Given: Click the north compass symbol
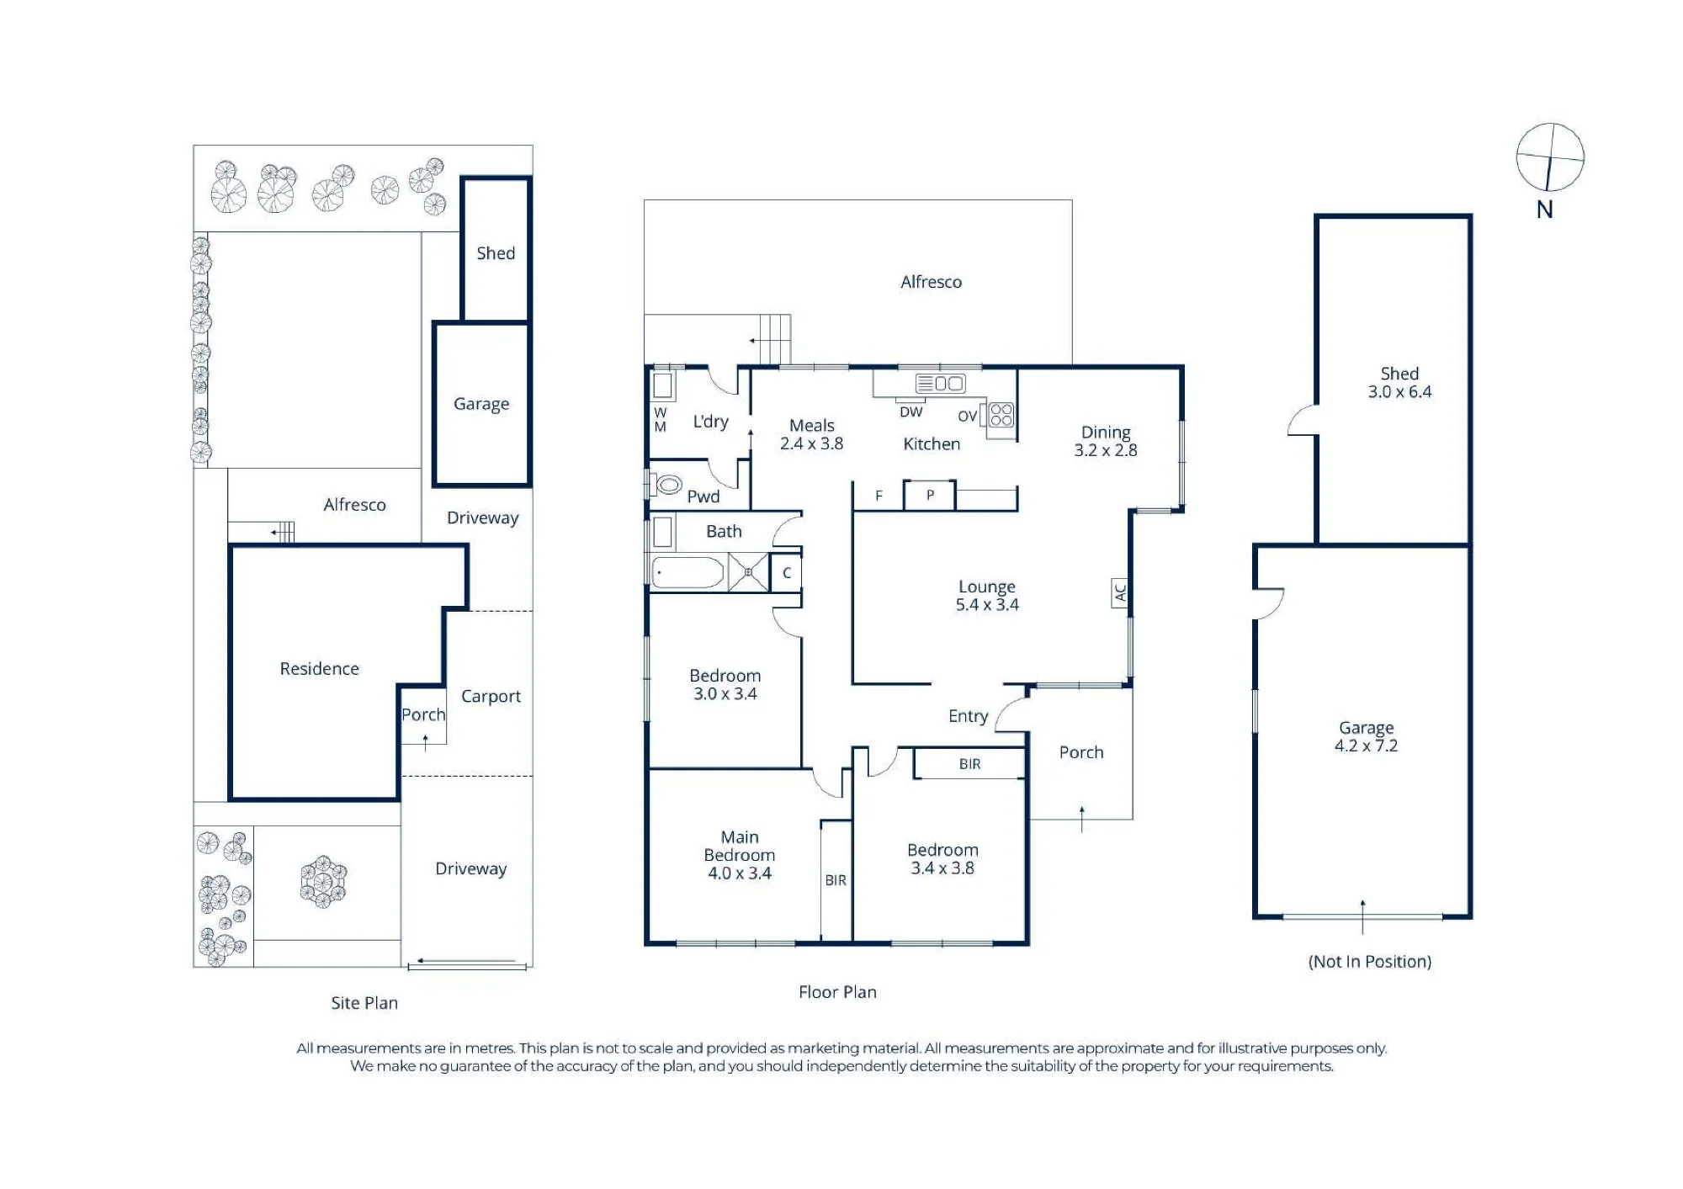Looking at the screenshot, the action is coord(1550,157).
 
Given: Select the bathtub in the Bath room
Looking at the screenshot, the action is coord(688,573).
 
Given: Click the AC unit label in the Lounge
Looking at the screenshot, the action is coord(1120,592).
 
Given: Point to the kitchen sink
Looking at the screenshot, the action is coord(941,384).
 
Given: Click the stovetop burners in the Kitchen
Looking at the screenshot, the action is coord(1001,415).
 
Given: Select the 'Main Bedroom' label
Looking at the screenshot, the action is coord(740,846).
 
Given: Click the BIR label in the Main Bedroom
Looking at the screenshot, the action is coord(836,880).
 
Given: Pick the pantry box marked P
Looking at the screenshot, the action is coord(930,495).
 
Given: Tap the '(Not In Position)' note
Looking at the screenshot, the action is coord(1370,962).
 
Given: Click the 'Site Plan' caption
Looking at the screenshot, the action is coord(364,1003).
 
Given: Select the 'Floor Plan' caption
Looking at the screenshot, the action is coord(837,992).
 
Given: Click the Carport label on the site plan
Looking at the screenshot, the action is coord(491,697).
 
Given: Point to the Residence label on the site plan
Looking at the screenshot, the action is coord(319,669).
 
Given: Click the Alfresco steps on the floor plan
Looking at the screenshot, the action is coord(775,339).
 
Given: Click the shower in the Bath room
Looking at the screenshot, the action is coord(748,573).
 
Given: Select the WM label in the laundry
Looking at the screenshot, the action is coord(661,420).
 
